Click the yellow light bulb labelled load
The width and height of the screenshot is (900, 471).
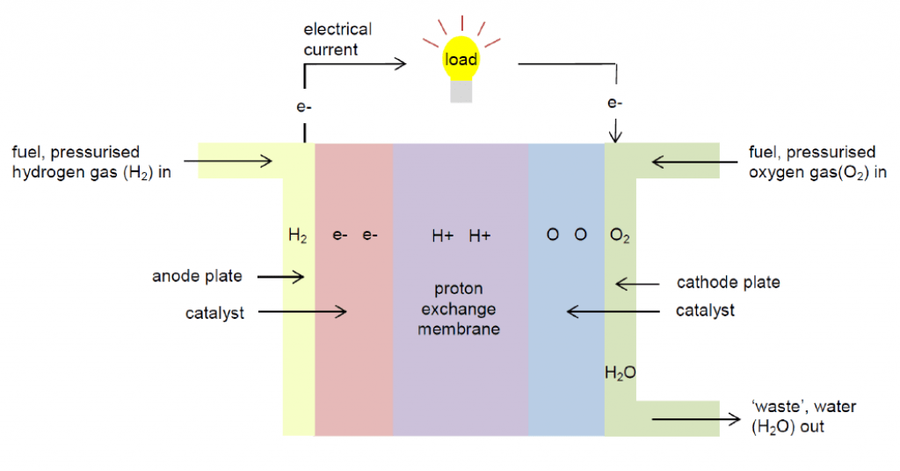461,59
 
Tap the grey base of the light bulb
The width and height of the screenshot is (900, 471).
461,91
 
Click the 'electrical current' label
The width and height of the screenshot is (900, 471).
337,39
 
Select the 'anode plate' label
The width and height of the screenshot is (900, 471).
197,276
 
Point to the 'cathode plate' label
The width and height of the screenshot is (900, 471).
729,282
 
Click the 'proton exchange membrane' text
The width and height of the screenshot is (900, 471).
459,308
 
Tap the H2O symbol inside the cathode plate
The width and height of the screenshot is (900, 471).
620,373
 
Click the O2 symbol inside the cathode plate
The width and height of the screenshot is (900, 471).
620,235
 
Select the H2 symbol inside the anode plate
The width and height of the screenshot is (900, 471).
297,235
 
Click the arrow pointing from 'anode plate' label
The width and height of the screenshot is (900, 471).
280,277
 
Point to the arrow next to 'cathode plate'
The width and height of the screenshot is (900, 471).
637,284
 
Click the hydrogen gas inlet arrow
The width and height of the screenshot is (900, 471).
228,161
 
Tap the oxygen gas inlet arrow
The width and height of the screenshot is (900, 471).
694,162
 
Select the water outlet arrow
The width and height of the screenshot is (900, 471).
696,419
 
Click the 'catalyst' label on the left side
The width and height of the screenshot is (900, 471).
214,313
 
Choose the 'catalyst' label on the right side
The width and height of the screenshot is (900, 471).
705,310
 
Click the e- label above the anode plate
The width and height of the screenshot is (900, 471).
303,106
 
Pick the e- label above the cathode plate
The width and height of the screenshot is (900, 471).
614,103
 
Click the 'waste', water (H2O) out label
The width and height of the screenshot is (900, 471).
803,417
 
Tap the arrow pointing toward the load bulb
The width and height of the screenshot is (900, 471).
355,64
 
